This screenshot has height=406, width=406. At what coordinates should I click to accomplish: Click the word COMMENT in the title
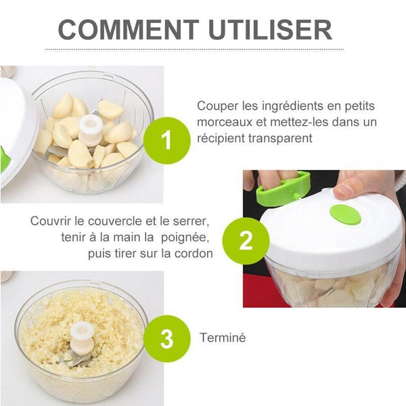[129, 30]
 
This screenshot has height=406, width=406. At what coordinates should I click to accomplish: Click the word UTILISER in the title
[270, 30]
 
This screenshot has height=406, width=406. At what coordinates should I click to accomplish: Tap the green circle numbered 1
[166, 140]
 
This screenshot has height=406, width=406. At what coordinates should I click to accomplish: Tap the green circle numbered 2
[246, 241]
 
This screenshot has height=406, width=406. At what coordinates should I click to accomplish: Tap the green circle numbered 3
[167, 339]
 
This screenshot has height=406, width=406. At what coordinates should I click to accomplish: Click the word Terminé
[223, 338]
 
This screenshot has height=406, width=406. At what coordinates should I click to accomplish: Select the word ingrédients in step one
[292, 106]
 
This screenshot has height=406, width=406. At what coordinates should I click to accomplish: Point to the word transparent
[280, 138]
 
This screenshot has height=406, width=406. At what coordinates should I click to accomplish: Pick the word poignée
[185, 238]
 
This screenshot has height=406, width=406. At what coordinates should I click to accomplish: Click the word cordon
[194, 254]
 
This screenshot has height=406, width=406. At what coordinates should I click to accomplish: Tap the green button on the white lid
[345, 215]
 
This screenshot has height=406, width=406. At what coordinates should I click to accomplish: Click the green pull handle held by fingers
[282, 187]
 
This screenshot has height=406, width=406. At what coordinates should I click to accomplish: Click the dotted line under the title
[194, 49]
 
